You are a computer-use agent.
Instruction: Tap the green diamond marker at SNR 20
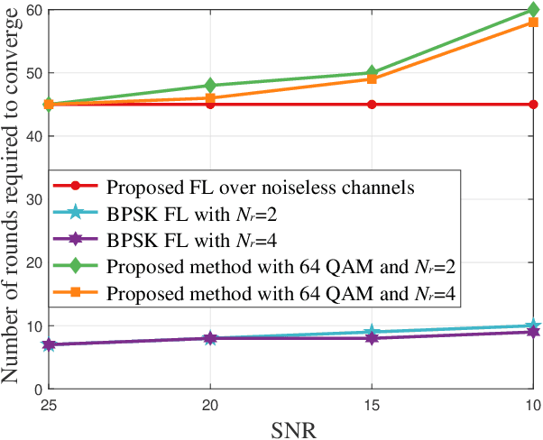pos(210,86)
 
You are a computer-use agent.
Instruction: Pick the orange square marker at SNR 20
pos(210,98)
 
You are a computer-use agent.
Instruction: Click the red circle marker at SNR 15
pos(371,105)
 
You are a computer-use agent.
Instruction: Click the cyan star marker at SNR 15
pos(371,332)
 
